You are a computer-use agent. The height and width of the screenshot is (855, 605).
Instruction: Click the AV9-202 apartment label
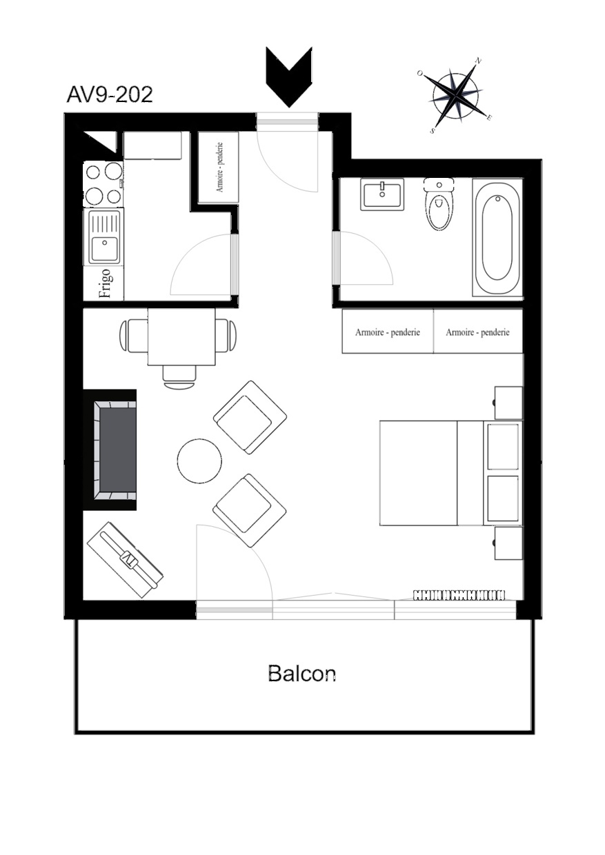tap(110, 94)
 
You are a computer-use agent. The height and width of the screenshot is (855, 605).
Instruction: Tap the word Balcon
tap(301, 674)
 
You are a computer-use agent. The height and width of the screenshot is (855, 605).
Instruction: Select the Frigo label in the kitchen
tap(105, 283)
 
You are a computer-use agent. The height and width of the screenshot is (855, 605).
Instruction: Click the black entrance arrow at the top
tap(289, 77)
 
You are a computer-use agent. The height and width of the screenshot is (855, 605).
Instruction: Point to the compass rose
tap(455, 95)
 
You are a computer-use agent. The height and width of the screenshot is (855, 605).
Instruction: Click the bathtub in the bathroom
tap(497, 237)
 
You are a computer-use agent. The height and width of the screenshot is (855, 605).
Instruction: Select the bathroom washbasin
tap(382, 194)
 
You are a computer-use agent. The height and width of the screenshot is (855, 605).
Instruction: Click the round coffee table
tap(199, 461)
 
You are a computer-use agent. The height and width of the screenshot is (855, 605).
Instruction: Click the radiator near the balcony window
tap(459, 594)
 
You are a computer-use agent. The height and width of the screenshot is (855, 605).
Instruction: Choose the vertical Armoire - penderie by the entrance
tap(219, 167)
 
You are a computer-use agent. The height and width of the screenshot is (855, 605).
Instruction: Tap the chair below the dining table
tap(179, 376)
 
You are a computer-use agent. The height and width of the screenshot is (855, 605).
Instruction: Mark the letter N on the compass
tap(478, 61)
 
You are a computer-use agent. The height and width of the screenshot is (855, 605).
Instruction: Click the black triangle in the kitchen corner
tap(100, 142)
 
